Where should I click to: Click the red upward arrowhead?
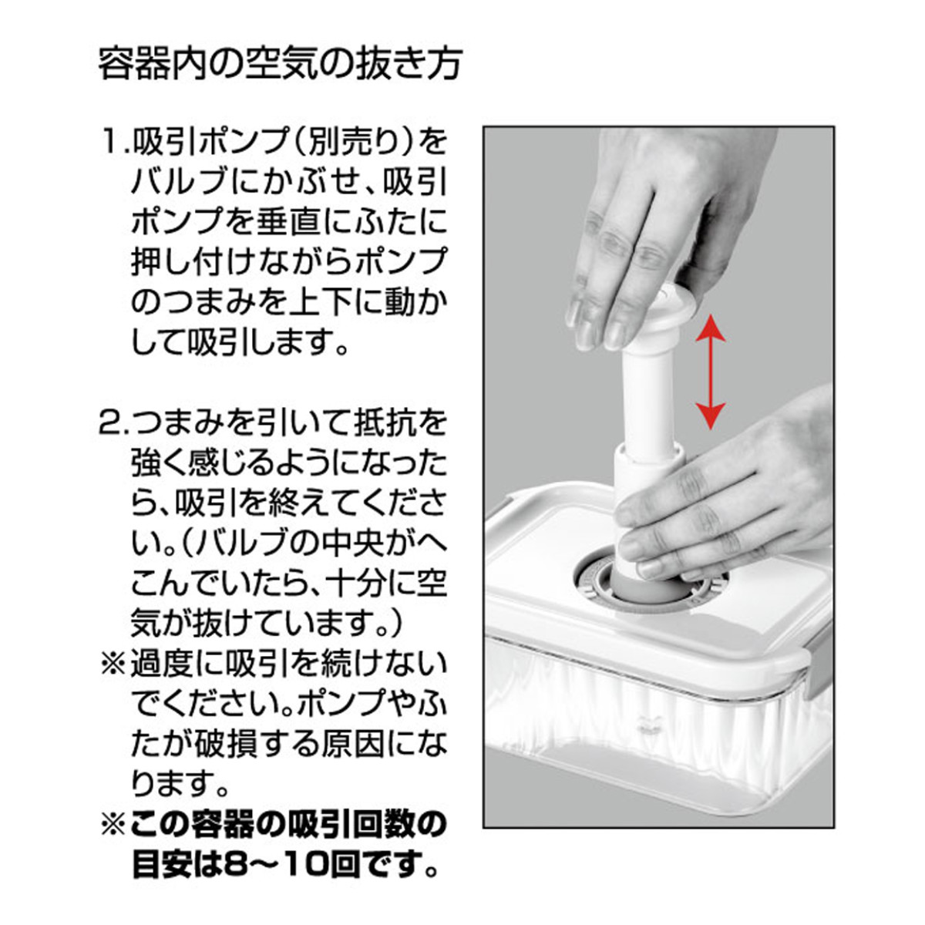pyautogui.click(x=711, y=331)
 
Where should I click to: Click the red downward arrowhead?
pyautogui.click(x=711, y=415)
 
